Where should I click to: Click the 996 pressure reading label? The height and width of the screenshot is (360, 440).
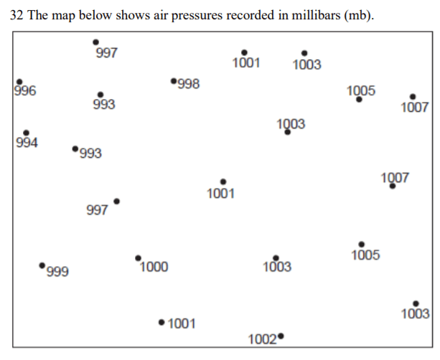tap(25, 91)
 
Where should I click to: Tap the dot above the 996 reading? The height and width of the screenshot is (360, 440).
tap(19, 82)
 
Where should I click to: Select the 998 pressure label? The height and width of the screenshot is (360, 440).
tap(188, 84)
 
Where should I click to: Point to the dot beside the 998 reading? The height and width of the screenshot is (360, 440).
tap(174, 81)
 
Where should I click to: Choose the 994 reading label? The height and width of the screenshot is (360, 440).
tap(27, 142)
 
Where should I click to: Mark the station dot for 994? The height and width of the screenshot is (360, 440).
tap(26, 133)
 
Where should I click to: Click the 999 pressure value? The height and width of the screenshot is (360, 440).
tap(57, 272)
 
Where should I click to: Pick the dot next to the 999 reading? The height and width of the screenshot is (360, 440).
tap(42, 265)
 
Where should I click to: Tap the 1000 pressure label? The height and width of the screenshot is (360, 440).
tap(154, 267)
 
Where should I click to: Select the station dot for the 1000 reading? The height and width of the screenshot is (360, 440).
tap(138, 257)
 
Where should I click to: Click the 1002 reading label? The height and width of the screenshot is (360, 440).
tap(262, 339)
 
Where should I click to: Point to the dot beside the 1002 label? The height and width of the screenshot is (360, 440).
tap(281, 336)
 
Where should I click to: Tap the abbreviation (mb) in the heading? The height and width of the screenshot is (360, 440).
tap(357, 16)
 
